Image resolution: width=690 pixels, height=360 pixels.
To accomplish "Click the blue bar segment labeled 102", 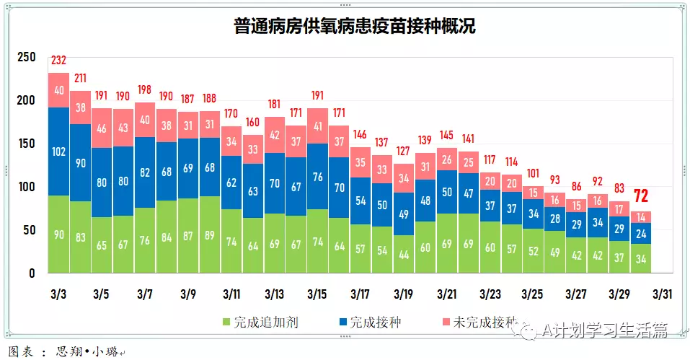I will (58, 152).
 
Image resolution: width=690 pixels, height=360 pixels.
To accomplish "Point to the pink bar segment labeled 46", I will (102, 128).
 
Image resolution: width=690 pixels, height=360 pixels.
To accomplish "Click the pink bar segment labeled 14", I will (640, 216).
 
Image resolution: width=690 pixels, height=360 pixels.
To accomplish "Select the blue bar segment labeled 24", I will (640, 233).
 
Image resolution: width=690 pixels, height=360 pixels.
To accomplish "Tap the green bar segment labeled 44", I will (404, 255).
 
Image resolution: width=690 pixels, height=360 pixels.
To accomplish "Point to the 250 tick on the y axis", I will (26, 57).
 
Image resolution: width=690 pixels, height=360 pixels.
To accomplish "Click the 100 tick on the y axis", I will (26, 187).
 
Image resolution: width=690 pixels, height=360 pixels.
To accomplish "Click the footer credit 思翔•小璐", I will (79, 351).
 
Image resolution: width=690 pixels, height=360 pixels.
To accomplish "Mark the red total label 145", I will (446, 135).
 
